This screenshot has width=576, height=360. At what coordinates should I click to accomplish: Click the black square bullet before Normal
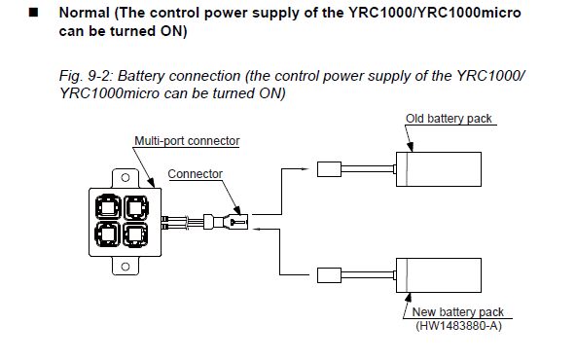[x=33, y=13]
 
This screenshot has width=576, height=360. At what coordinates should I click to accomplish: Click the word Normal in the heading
[x=85, y=13]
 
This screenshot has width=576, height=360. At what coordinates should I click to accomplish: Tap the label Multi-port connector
[x=187, y=141]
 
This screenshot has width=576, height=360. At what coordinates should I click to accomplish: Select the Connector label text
[x=195, y=174]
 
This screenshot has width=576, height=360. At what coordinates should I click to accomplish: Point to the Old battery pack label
[x=449, y=119]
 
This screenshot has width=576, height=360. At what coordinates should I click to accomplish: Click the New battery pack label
[x=457, y=312]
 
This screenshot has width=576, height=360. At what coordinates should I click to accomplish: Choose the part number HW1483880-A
[x=458, y=326]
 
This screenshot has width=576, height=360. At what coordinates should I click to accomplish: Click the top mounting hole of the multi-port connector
[x=126, y=178]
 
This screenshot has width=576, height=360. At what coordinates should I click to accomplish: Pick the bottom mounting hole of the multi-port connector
[x=126, y=267]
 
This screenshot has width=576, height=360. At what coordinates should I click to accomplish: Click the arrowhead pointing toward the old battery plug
[x=306, y=169]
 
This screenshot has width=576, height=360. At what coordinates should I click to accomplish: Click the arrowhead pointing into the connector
[x=257, y=229]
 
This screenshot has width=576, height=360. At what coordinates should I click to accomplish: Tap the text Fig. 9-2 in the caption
[x=87, y=76]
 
